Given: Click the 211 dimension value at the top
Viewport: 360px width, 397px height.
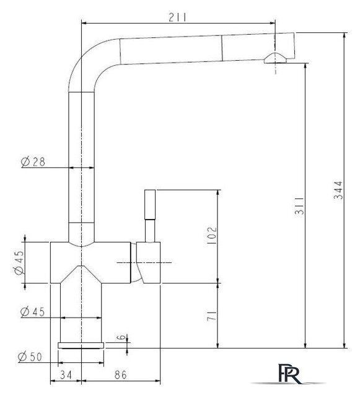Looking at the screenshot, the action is point(177,17).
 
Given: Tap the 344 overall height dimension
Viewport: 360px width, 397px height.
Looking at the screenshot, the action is point(338,190).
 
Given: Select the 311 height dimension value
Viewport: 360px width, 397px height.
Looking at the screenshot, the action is point(299,205).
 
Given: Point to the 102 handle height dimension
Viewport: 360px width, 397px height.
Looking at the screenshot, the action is point(212,235).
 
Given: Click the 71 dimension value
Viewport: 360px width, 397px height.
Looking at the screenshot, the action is point(212,316).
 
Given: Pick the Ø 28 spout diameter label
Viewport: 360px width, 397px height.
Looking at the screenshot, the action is point(33,161).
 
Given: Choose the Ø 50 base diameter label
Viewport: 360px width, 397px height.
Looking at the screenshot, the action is point(30,357).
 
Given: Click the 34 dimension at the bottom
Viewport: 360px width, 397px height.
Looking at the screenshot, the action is point(66,375).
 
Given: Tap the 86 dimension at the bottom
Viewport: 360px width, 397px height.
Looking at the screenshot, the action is point(120,375).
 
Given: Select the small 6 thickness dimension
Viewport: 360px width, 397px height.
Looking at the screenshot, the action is point(121,337).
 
